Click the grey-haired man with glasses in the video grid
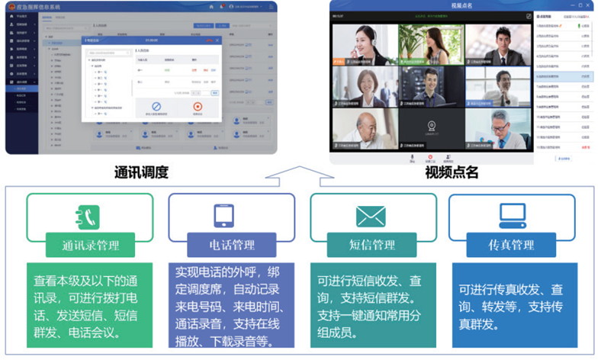pos(497,127)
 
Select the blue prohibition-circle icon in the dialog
pos(156,108)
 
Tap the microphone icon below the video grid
pos(413,158)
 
